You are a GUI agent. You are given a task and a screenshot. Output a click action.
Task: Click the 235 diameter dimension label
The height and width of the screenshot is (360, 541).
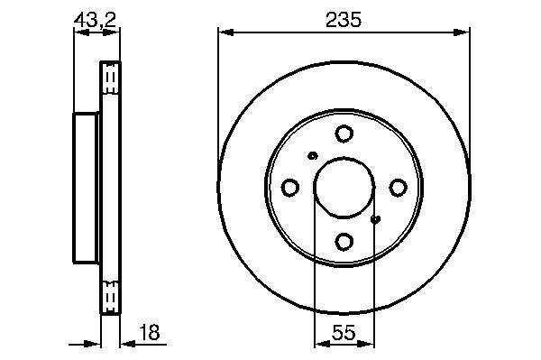pos(344,20)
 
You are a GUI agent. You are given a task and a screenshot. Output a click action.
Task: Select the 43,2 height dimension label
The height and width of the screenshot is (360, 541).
pos(95,20)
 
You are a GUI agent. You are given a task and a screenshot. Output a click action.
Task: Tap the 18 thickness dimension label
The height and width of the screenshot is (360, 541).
pos(149,332)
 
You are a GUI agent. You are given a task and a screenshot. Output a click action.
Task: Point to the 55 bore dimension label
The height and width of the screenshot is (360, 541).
pos(344,333)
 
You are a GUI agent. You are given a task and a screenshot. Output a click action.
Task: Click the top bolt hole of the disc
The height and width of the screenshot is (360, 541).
pos(344,134)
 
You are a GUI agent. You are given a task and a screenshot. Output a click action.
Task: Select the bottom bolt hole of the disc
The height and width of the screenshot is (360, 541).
pos(344,242)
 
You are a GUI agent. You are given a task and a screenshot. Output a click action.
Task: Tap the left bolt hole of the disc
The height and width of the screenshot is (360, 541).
pos(290,188)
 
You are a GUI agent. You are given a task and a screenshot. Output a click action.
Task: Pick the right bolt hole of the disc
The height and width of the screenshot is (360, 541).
pos(398,188)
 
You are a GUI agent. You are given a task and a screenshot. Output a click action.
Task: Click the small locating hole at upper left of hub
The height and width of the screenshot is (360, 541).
pos(313,156)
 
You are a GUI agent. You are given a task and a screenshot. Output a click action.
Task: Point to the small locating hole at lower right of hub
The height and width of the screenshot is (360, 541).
pos(375,219)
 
